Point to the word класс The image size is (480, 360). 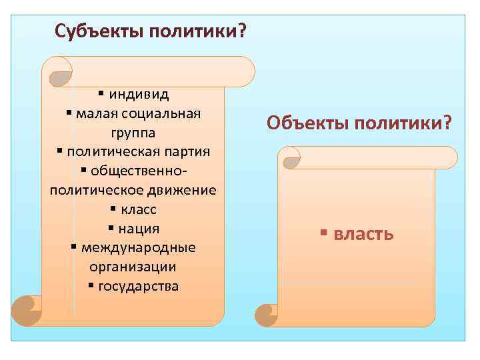(139, 209)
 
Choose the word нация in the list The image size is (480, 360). (139, 229)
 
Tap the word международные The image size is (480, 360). (138, 248)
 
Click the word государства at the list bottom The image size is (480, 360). (138, 287)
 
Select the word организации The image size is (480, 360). (133, 267)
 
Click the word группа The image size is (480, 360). (133, 132)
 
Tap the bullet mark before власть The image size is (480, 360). (323, 234)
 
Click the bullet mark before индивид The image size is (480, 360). (101, 93)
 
